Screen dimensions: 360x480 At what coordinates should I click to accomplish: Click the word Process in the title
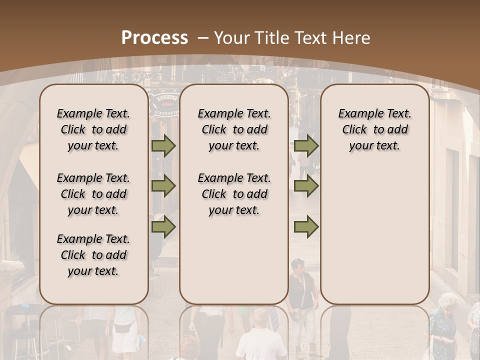pos(154,38)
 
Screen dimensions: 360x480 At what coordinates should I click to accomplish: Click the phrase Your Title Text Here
pos(292,38)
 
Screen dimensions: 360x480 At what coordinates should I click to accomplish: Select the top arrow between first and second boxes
pos(163,146)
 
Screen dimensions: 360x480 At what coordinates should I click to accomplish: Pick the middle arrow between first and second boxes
pos(163,186)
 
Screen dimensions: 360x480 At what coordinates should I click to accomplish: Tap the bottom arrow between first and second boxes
pos(163,227)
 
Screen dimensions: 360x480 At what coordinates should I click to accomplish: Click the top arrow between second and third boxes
pos(306,146)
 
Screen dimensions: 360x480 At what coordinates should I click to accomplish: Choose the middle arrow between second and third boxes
pos(306,186)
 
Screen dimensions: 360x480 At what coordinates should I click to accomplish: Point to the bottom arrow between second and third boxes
pos(306,227)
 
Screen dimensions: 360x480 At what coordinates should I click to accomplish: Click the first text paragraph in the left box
pos(93,129)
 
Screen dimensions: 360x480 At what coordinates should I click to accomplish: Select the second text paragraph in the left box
pos(93,194)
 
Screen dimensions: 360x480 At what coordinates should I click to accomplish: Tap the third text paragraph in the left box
pos(93,255)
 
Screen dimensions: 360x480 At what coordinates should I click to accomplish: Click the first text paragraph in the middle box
pos(234,129)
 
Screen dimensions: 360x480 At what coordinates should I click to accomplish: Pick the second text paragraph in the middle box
pos(234,194)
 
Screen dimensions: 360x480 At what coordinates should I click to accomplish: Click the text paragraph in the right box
pos(374,129)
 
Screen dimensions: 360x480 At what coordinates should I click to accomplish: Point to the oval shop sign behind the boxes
pos(164,102)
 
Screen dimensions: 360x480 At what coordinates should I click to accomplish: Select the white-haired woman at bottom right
pos(444,325)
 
